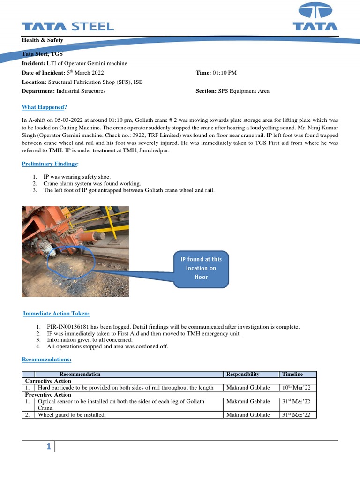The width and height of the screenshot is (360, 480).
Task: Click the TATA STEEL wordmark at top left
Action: (67, 26)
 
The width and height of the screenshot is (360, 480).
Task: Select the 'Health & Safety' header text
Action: (43, 40)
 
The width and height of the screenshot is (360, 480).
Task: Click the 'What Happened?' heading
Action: (44, 107)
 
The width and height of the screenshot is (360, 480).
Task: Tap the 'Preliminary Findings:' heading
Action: (51, 164)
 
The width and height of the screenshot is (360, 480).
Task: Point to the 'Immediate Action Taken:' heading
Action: (57, 313)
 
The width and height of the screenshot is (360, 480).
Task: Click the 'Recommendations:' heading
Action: (47, 360)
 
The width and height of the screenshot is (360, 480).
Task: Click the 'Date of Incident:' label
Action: (43, 73)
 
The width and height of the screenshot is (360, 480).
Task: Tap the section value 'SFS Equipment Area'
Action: (244, 91)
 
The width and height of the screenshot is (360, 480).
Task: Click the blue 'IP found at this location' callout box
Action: (201, 268)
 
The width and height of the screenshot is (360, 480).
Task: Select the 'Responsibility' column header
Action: (243, 374)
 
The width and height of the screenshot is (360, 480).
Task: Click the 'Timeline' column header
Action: (292, 374)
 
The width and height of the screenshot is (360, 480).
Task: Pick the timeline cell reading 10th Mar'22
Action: (297, 388)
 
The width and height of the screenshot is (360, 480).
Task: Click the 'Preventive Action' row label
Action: (48, 395)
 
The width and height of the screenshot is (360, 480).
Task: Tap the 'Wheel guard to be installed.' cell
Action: (72, 415)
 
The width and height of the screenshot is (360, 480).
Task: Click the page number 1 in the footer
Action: (48, 447)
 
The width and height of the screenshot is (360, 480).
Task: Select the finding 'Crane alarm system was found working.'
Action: (92, 184)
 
